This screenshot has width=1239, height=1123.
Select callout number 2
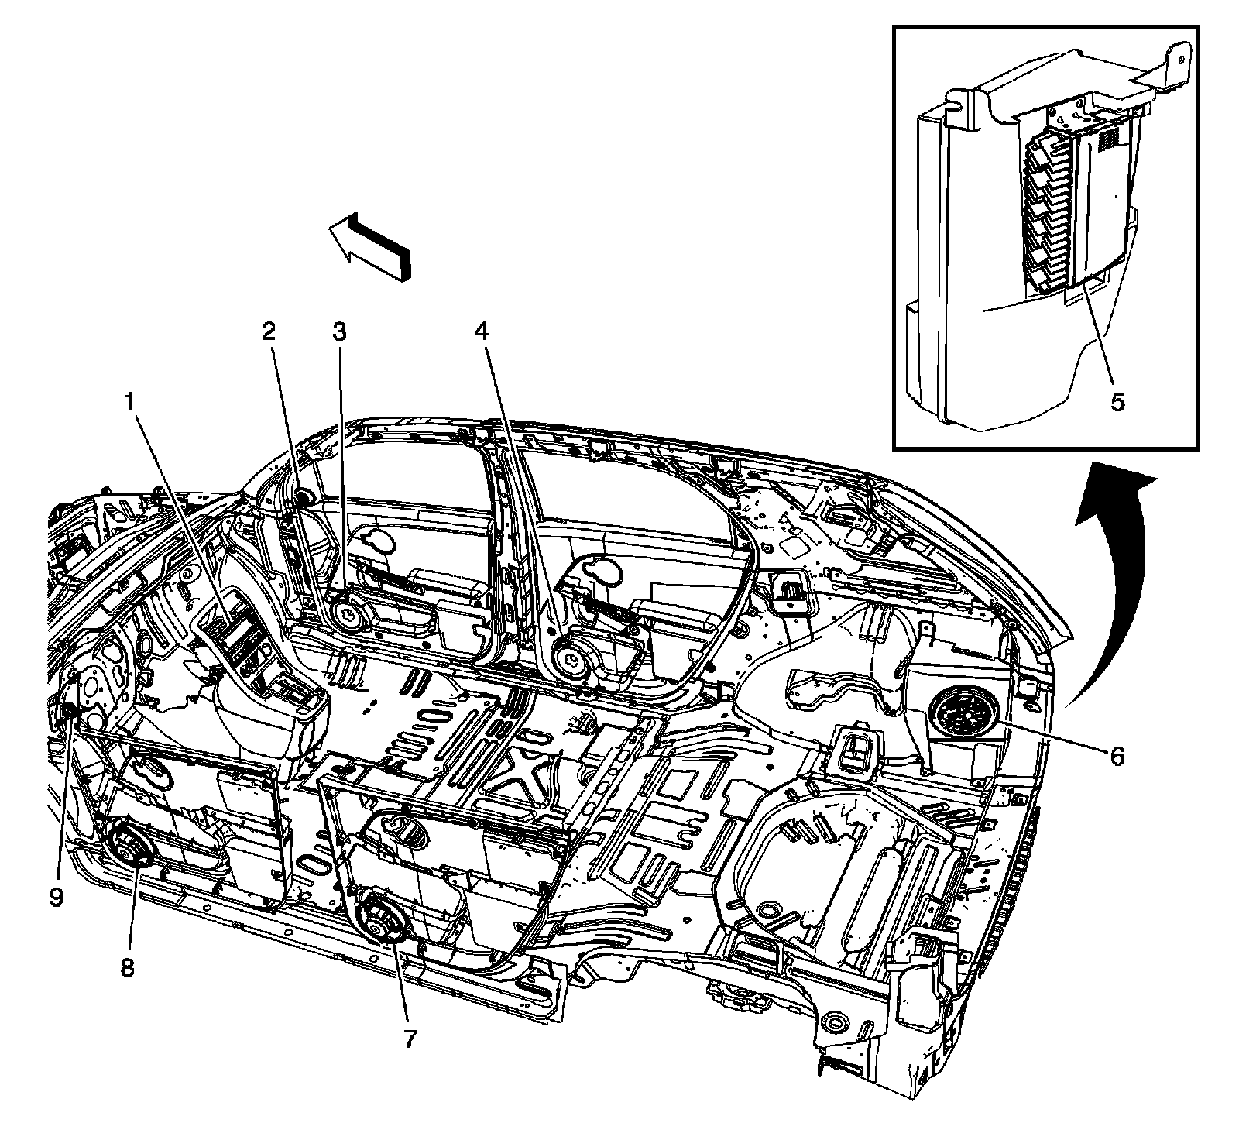(268, 332)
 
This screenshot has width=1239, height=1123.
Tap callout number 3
(338, 332)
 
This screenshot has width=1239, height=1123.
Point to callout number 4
(482, 332)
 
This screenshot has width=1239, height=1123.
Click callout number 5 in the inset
(1117, 403)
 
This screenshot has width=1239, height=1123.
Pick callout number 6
(1116, 755)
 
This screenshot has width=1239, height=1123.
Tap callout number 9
(56, 898)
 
